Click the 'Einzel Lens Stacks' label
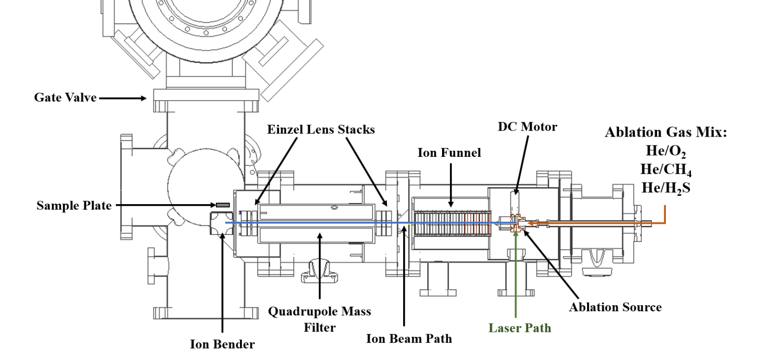pos(321,130)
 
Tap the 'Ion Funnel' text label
pos(449,153)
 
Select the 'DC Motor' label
pos(527,127)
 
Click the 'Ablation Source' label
pos(615,307)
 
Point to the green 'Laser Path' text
pos(519,327)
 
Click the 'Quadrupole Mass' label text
pos(319,312)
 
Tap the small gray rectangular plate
pos(223,205)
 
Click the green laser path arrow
pos(516,276)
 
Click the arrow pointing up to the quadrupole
pos(319,266)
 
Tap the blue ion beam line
pos(345,222)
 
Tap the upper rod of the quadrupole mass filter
pos(315,212)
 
